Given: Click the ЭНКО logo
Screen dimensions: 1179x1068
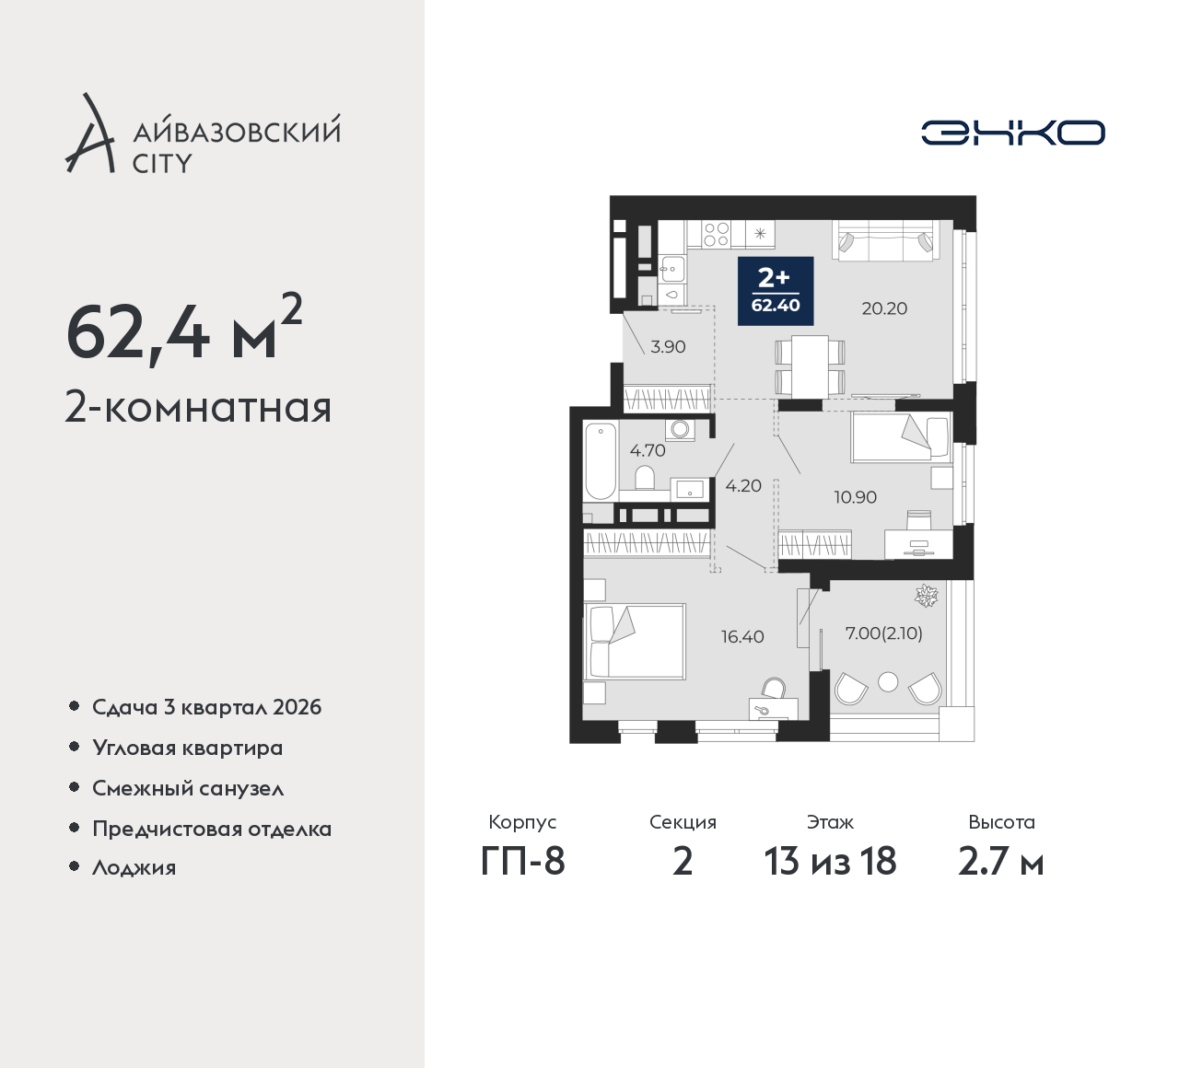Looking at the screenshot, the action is point(1012,133).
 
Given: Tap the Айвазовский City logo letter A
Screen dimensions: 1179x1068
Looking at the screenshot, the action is point(89,133).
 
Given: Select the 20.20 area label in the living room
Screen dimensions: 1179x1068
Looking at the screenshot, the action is point(884,308).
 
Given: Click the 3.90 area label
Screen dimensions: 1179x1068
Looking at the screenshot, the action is point(669,346).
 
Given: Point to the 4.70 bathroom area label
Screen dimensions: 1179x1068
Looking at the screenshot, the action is point(648,450).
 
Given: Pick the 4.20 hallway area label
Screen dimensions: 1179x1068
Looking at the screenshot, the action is point(743,486).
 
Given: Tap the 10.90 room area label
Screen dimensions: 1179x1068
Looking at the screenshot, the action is point(855,497).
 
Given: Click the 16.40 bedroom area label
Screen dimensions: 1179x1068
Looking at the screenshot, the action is point(743,636).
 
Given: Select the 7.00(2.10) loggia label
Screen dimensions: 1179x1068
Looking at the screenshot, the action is point(884,633).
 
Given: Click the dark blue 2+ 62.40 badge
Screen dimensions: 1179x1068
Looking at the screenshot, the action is point(776,291).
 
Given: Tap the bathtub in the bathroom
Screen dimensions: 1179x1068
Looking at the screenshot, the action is point(600,461).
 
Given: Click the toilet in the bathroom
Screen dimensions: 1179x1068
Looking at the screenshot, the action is point(645,478).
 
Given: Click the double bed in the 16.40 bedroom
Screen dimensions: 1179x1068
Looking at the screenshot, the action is point(635,642).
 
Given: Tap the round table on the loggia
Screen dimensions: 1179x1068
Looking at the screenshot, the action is point(888,682).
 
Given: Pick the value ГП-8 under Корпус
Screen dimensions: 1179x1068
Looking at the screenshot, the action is point(522,862).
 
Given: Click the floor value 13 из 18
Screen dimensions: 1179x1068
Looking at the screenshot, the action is point(830,862).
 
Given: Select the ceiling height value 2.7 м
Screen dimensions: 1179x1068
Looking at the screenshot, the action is point(1001,862).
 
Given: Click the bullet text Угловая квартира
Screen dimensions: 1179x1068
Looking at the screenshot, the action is point(188,748).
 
